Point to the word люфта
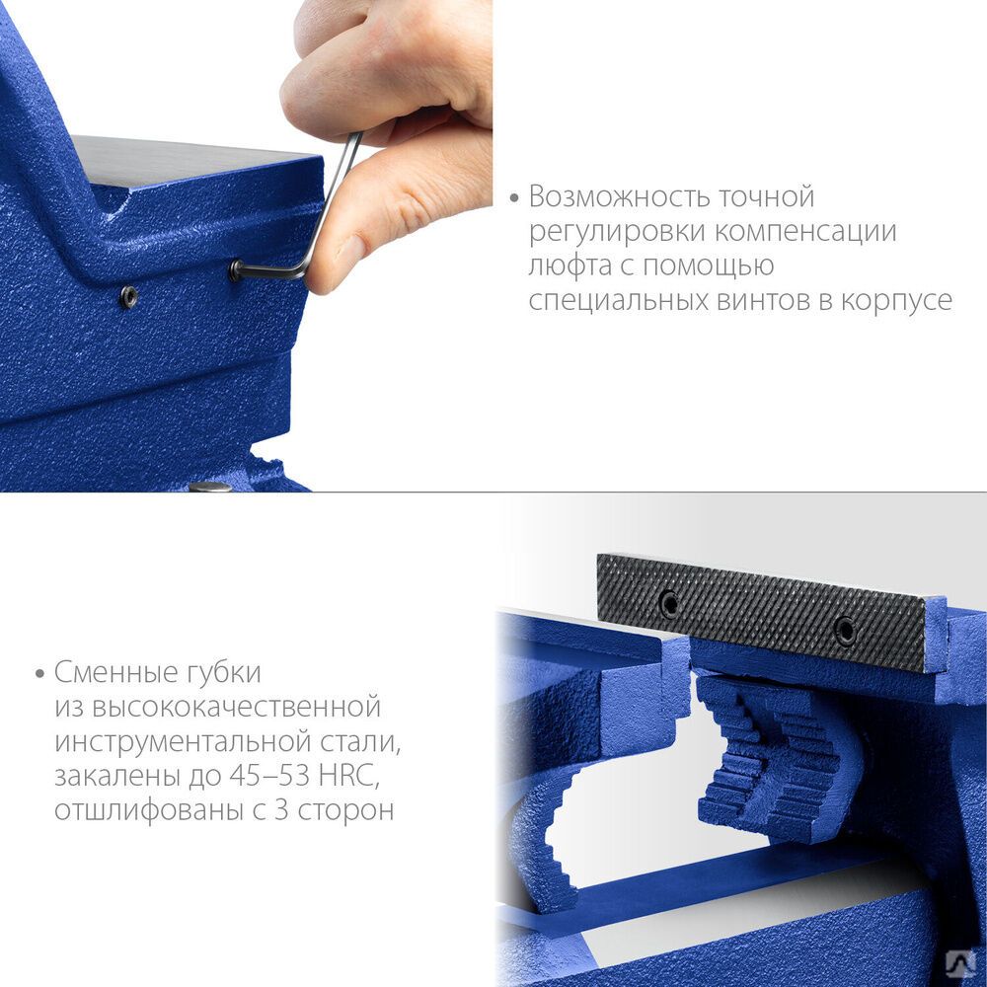(x=569, y=265)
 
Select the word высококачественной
(x=236, y=707)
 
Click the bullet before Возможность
(x=514, y=198)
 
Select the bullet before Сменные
(x=40, y=674)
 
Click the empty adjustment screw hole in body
(x=129, y=296)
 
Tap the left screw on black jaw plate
(x=670, y=604)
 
